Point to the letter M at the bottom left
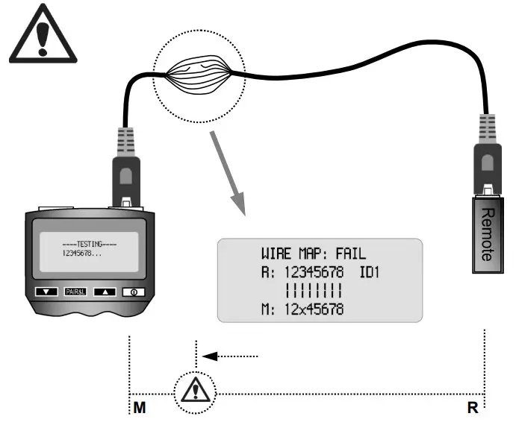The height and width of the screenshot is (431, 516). point(140,409)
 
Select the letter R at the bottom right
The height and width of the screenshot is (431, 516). point(474,409)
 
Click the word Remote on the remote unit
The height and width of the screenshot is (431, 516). point(487,233)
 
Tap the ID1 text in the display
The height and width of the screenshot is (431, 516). point(367,273)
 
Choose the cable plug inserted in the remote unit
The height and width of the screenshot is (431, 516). point(487,161)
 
